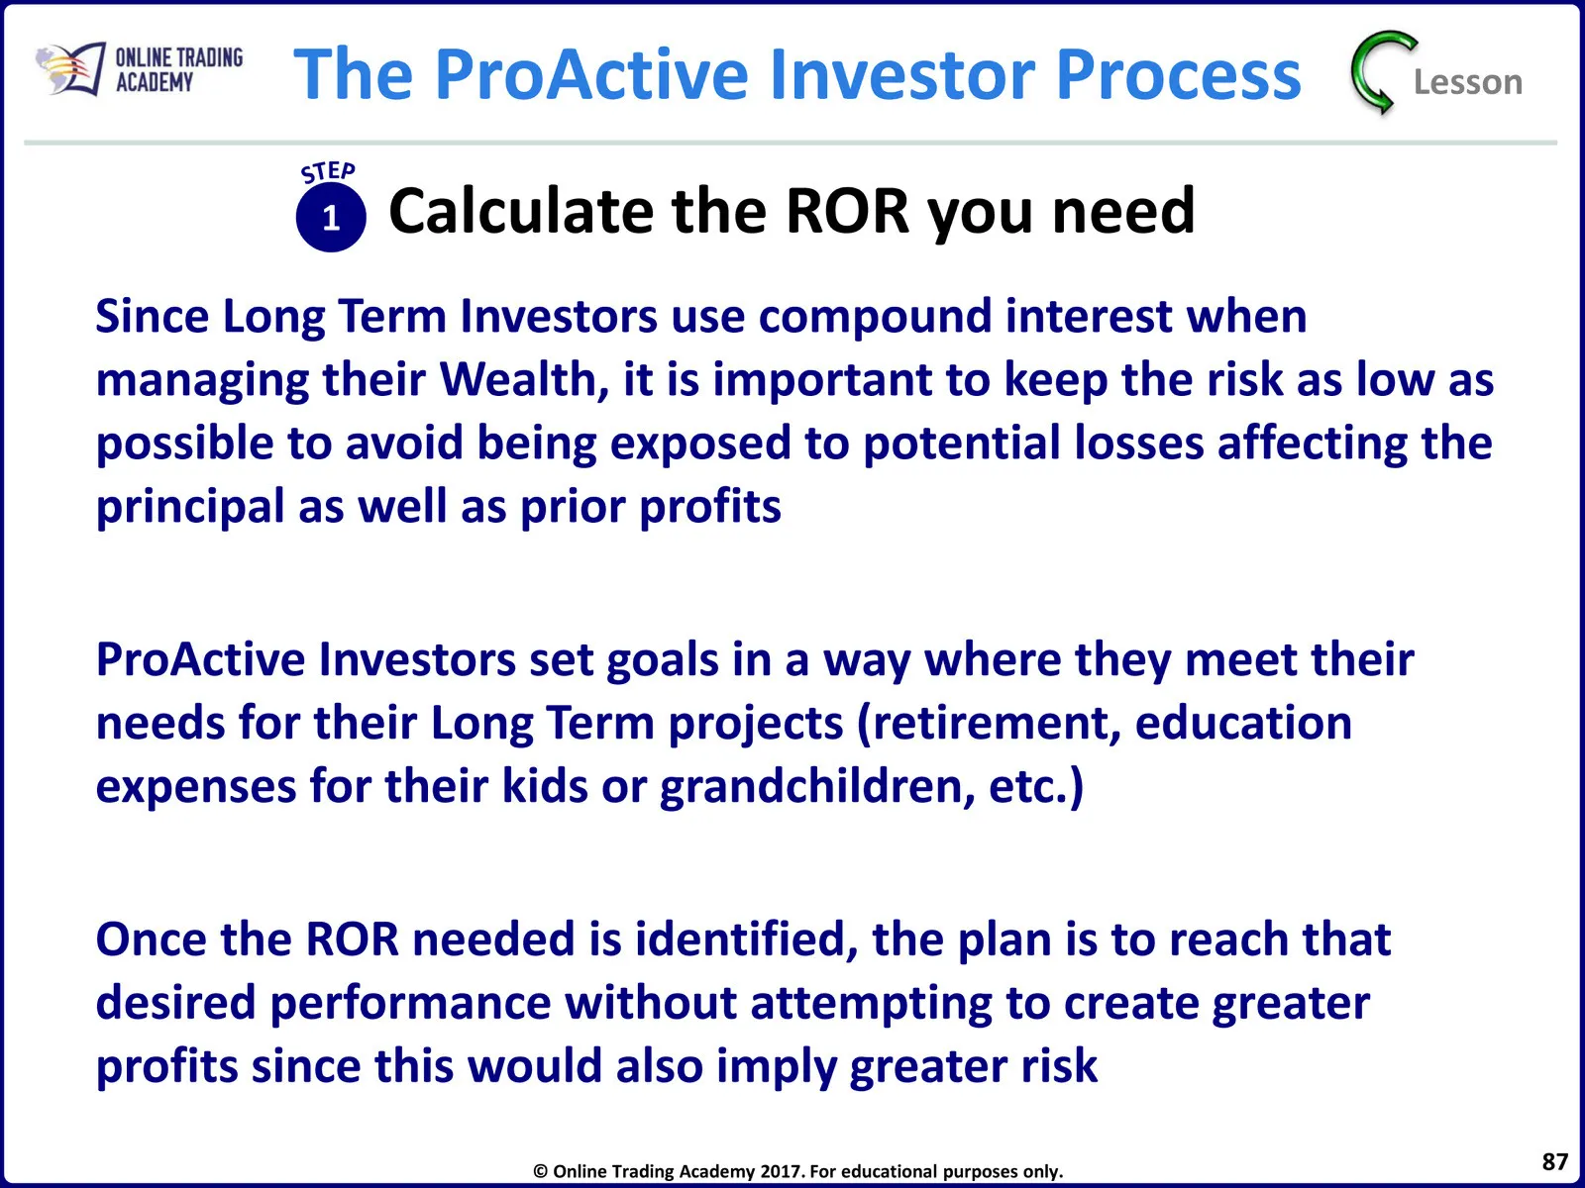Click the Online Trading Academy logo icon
pyautogui.click(x=70, y=69)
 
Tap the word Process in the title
pyautogui.click(x=1179, y=73)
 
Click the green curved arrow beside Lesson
pyautogui.click(x=1381, y=72)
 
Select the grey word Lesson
pyautogui.click(x=1468, y=82)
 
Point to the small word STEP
pyautogui.click(x=328, y=171)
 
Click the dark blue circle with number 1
pyautogui.click(x=331, y=217)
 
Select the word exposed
pyautogui.click(x=700, y=443)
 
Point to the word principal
pyautogui.click(x=190, y=506)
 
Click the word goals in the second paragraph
pyautogui.click(x=662, y=659)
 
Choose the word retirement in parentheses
pyautogui.click(x=990, y=723)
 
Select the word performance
pyautogui.click(x=410, y=1003)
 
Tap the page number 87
pyautogui.click(x=1554, y=1161)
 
